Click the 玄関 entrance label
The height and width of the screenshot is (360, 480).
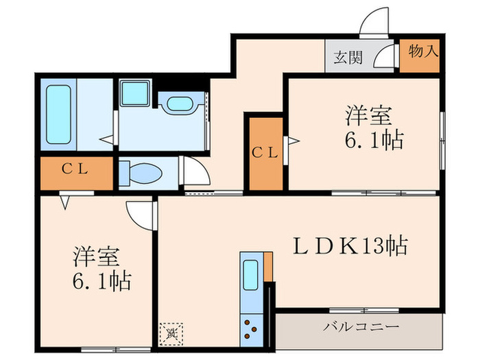348,57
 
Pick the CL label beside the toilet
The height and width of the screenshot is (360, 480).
75,170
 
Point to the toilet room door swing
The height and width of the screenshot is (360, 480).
194,170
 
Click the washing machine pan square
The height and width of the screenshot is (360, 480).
137,93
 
